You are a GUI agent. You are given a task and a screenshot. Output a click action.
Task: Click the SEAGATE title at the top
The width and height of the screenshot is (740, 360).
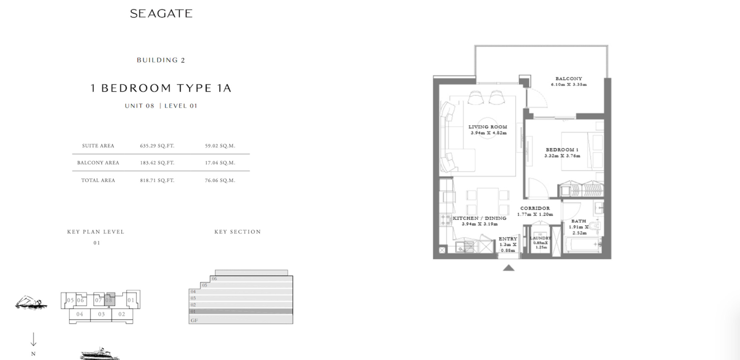click(x=161, y=13)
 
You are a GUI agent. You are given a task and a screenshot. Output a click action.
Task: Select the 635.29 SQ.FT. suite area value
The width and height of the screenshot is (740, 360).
click(x=157, y=146)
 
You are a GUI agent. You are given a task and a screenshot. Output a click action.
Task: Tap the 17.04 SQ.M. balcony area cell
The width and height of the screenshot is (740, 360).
click(x=220, y=163)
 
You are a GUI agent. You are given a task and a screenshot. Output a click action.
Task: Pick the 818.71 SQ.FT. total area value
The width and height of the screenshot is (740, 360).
click(x=157, y=180)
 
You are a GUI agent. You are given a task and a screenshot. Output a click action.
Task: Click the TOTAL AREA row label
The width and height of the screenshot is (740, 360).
click(x=98, y=180)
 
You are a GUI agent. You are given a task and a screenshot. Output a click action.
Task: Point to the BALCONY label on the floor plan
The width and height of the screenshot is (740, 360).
click(x=569, y=79)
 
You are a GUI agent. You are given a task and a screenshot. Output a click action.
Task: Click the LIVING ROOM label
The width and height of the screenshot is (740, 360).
click(x=488, y=127)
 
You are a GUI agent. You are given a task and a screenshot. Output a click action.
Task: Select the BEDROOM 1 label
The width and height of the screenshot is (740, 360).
click(x=562, y=150)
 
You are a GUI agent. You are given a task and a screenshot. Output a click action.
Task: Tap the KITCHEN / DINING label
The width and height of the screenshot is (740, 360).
click(x=479, y=218)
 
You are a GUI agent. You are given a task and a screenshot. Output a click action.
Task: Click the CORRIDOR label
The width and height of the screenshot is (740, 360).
click(x=535, y=208)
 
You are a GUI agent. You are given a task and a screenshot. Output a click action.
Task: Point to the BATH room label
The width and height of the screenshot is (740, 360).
click(x=578, y=221)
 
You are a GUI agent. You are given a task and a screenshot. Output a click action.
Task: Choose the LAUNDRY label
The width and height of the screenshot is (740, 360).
click(x=540, y=238)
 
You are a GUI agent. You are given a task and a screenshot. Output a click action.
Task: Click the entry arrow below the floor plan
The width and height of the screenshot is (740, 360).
click(x=509, y=267)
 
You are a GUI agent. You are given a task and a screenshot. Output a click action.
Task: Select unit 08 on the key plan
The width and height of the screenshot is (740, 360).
click(x=109, y=300)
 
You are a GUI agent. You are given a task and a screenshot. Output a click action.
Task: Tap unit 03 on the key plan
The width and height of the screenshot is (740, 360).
click(x=101, y=314)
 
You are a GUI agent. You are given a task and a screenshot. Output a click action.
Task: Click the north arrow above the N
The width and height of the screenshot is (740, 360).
click(x=33, y=340)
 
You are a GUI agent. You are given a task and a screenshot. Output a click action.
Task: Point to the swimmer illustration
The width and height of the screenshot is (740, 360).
click(x=31, y=302)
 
